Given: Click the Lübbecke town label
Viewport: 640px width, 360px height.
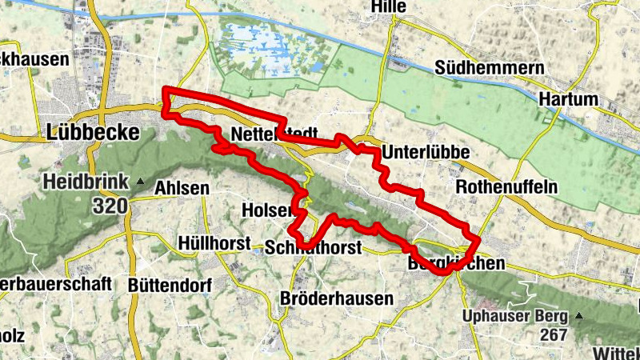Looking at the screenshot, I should [93, 132].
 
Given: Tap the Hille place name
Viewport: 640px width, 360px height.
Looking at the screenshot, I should [389, 7].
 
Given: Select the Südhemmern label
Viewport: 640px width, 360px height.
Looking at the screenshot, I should [485, 68].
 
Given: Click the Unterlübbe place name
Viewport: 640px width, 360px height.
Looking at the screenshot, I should [425, 152].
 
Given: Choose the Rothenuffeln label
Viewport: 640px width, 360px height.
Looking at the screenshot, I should [506, 186].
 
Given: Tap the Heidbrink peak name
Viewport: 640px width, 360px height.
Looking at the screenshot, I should [86, 182].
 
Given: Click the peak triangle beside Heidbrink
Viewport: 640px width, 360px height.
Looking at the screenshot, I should [142, 182].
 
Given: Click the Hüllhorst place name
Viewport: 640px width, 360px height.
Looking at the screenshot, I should [215, 242].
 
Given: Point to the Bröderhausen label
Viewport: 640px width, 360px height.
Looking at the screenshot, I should [337, 298].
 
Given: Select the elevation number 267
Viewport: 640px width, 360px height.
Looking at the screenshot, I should [552, 336].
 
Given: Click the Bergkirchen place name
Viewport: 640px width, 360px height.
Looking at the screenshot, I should [456, 263].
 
